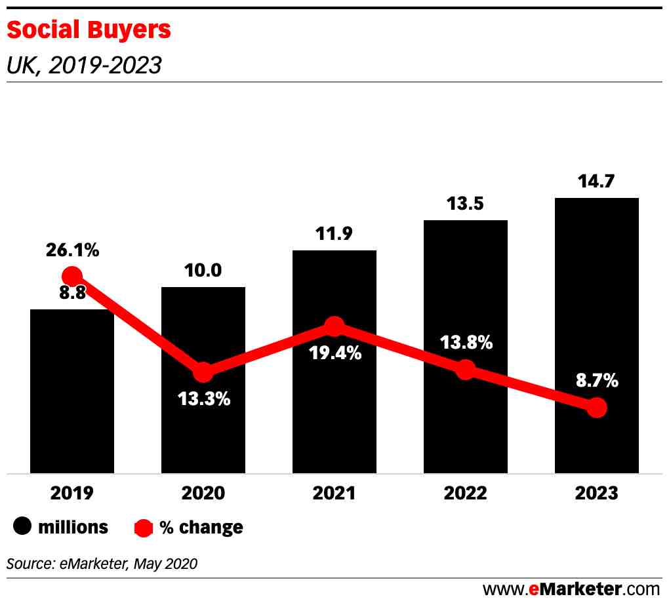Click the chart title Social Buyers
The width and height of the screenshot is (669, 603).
pos(88,29)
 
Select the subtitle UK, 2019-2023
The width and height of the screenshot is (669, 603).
pos(83,65)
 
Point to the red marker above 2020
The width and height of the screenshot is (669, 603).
pos(203,372)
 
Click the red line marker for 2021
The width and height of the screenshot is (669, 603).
pos(334,326)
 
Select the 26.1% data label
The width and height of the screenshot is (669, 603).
pos(72,250)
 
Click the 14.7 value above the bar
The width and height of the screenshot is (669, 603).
pos(597,182)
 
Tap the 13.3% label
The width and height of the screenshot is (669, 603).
pos(203,399)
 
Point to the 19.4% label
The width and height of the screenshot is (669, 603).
pos(334,353)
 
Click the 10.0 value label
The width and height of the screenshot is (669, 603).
pos(203,270)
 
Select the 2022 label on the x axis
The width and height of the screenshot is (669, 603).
pos(466,493)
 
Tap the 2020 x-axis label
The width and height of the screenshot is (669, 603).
pos(203,493)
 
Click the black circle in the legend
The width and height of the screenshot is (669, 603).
pos(24,526)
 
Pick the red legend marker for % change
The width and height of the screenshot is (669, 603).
pos(143,527)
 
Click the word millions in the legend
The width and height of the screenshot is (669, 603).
pos(73,526)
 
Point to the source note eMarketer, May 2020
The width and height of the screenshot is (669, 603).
pos(102,563)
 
